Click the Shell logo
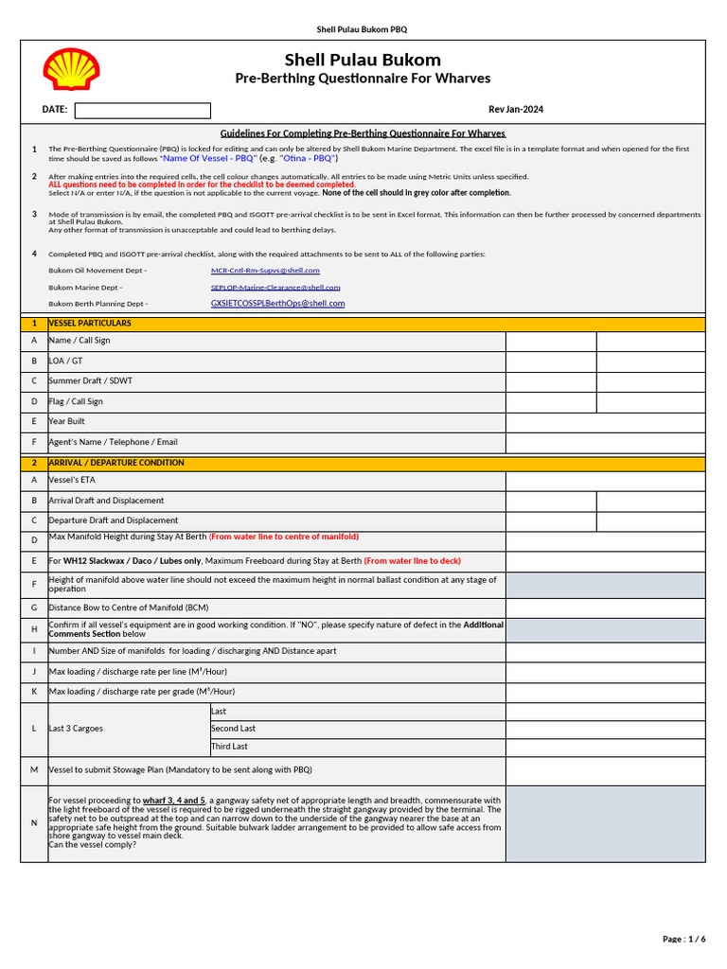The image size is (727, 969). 71,70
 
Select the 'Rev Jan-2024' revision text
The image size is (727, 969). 516,110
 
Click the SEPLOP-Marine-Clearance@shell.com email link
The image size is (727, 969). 275,287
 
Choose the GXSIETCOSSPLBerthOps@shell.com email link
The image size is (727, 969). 277,304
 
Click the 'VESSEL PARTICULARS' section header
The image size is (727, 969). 90,324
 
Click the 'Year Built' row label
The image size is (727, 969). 67,422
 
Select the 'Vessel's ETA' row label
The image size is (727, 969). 71,481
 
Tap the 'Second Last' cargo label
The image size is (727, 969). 233,729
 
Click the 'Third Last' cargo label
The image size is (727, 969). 229,747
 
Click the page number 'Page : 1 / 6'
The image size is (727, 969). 683,939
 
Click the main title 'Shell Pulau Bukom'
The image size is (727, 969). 363,61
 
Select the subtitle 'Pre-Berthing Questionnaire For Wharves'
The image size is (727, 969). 363,79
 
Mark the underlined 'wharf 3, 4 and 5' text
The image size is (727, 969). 174,801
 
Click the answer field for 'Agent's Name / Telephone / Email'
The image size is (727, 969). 605,443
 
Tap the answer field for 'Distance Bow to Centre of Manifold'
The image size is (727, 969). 605,608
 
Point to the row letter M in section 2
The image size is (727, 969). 34,770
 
